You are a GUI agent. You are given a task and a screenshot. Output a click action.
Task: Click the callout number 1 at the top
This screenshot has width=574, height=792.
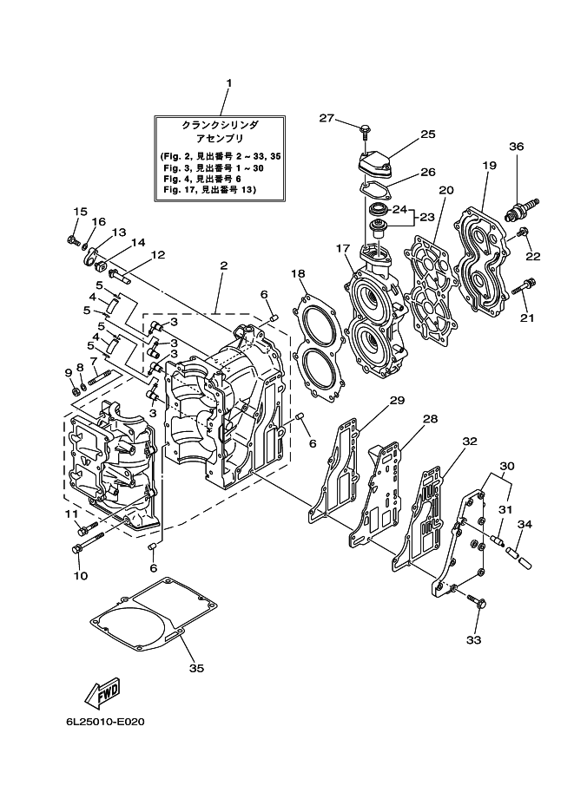(228, 84)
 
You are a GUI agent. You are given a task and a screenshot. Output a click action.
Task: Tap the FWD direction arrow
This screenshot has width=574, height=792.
(102, 693)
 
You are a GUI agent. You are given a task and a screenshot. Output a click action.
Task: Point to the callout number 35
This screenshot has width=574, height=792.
(196, 668)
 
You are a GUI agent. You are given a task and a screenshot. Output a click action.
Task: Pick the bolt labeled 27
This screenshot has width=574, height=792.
(365, 131)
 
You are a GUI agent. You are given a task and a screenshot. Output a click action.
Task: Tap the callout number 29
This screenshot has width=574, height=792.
(397, 400)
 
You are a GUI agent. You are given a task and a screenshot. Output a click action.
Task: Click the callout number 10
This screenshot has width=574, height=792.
(80, 575)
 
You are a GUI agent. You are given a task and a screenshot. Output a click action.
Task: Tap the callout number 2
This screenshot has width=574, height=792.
(223, 265)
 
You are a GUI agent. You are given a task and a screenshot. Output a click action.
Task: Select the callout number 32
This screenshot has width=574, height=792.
(469, 441)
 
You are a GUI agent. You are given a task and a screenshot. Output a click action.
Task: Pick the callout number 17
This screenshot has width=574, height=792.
(342, 249)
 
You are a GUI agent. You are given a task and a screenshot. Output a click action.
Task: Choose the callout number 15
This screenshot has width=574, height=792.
(80, 211)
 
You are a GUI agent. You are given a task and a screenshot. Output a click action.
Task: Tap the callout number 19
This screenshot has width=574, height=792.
(489, 165)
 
